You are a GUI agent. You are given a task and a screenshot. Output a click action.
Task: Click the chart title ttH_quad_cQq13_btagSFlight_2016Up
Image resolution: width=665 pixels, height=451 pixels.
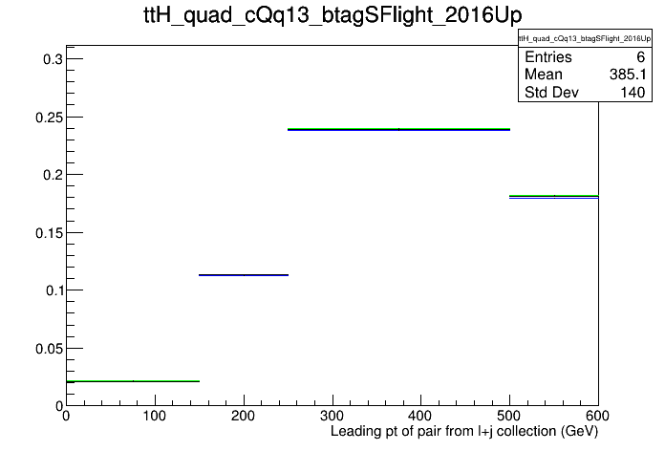click(332, 15)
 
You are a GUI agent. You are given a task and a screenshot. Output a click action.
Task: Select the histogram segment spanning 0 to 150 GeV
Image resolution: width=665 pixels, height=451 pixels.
click(133, 381)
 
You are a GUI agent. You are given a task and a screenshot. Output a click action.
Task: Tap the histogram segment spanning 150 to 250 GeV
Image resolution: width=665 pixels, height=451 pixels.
click(244, 275)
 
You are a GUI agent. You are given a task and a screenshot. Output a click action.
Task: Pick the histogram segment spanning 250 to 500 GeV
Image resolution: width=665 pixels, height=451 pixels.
click(398, 129)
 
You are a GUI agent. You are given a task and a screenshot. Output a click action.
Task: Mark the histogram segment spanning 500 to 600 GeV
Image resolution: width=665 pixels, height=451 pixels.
click(553, 197)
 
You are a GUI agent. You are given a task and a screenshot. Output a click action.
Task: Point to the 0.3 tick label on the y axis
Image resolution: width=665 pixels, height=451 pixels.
click(53, 59)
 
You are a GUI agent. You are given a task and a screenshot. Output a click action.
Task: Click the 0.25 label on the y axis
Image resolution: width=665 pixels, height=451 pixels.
click(49, 118)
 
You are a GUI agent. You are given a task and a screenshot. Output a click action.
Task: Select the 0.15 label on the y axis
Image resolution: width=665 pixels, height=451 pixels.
click(49, 233)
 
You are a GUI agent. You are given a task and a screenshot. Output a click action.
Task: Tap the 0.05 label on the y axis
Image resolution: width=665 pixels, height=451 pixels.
click(49, 349)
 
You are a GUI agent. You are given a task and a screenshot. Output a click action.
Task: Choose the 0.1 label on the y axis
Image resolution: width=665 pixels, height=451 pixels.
click(54, 290)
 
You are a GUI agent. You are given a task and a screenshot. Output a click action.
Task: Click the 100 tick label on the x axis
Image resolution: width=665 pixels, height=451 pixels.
click(155, 416)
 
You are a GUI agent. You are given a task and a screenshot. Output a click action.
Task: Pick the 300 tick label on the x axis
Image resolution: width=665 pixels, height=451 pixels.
click(332, 416)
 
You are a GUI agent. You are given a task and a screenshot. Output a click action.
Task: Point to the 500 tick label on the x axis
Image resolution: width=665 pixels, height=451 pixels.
click(509, 416)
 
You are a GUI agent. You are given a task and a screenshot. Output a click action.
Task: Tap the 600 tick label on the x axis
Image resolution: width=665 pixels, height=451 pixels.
click(597, 416)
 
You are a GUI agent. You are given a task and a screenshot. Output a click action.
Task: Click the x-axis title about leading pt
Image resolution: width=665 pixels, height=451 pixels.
click(464, 431)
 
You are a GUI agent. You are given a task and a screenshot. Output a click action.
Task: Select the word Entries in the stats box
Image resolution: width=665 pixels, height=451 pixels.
click(548, 56)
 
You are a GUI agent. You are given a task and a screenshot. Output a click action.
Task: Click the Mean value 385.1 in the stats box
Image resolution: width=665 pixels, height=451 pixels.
click(628, 75)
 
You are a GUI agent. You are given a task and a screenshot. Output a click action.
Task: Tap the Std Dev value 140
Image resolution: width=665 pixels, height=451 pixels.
click(633, 92)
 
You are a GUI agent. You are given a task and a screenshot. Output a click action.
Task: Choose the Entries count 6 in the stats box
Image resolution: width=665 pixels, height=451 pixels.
click(641, 56)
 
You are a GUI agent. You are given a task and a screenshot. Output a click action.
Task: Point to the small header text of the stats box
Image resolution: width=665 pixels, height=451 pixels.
click(585, 38)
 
